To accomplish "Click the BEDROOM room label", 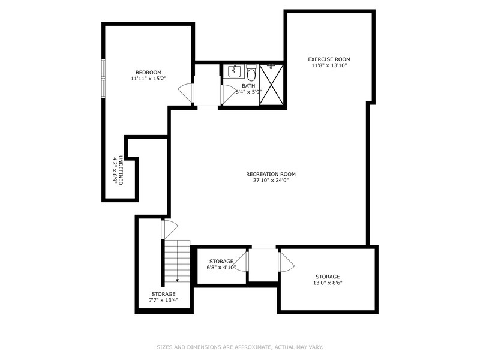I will pyautogui.click(x=148, y=72).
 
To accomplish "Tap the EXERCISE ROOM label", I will pyautogui.click(x=329, y=59).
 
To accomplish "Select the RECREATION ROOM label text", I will pyautogui.click(x=271, y=174).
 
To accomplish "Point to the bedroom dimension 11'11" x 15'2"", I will pyautogui.click(x=148, y=79).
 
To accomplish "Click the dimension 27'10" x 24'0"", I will pyautogui.click(x=271, y=181).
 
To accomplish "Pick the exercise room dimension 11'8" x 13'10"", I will pyautogui.click(x=329, y=65).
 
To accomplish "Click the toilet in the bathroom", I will pyautogui.click(x=251, y=74).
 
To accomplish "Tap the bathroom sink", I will pyautogui.click(x=234, y=72).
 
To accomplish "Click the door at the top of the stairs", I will pyautogui.click(x=169, y=229).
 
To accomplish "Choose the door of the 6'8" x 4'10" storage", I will pyautogui.click(x=241, y=262).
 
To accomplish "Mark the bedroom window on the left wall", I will pyautogui.click(x=103, y=78).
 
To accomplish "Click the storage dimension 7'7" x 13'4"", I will pyautogui.click(x=163, y=301).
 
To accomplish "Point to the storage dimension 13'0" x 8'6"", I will pyautogui.click(x=328, y=283).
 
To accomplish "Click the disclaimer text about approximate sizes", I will pyautogui.click(x=240, y=347).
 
